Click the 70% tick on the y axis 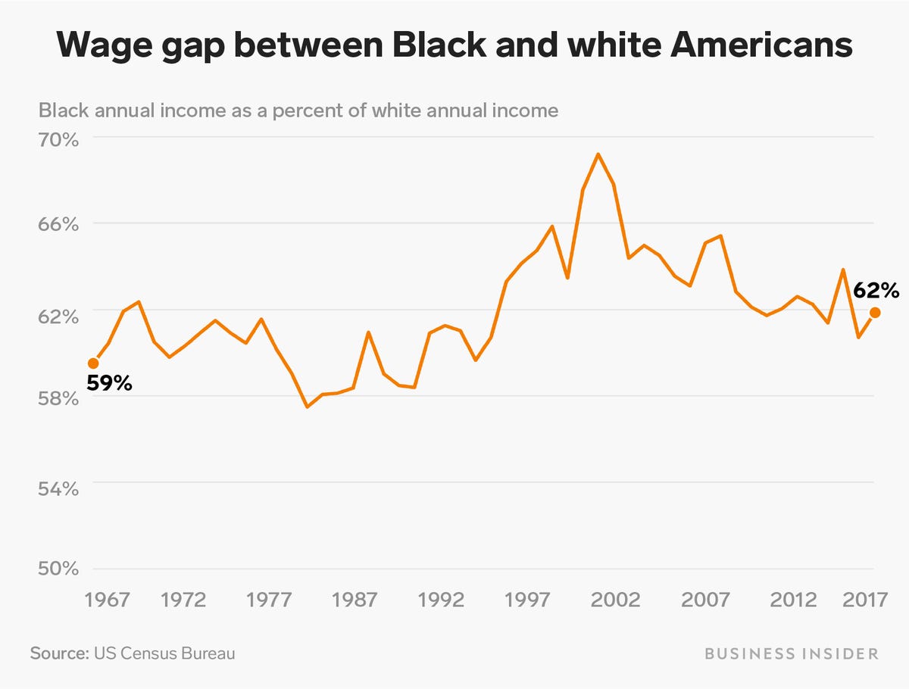pos(58,141)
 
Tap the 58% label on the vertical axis pos(58,399)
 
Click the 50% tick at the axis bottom pos(58,570)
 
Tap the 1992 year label pos(442,600)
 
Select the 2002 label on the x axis pos(615,600)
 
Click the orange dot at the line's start pos(93,363)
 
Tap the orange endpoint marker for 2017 pos(875,312)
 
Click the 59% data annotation pos(109,383)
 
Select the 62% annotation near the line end pos(876,291)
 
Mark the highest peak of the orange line pos(598,154)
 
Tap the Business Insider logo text pos(792,653)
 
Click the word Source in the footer pos(58,653)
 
